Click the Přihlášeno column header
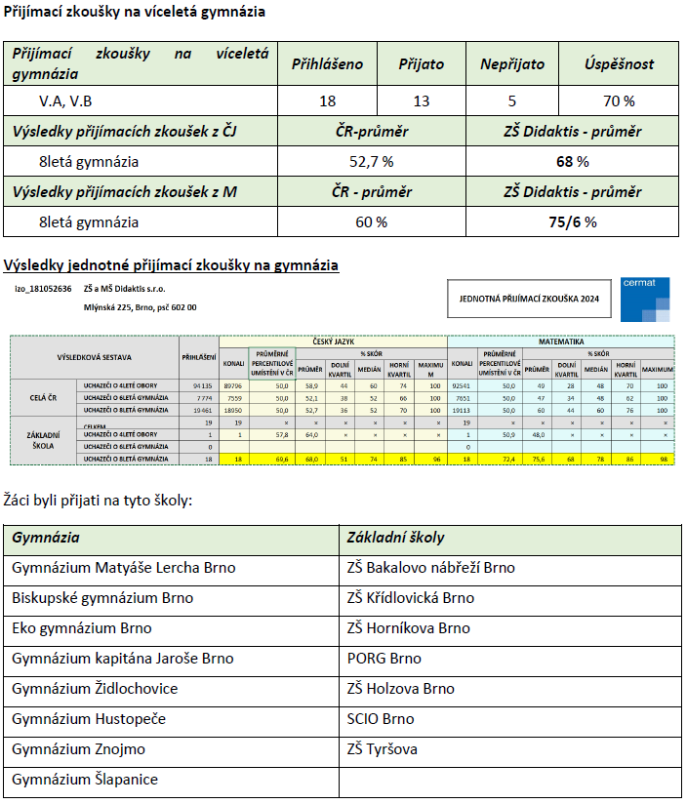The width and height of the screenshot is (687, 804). tap(327, 64)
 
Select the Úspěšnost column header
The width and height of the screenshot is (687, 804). tap(619, 64)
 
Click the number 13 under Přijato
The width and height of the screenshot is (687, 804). tap(421, 100)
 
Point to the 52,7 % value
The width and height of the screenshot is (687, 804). tap(371, 161)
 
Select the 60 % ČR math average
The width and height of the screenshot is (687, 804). tap(371, 221)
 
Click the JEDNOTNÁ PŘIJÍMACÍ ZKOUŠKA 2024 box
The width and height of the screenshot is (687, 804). tap(530, 299)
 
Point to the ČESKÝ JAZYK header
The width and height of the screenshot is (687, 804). tap(333, 342)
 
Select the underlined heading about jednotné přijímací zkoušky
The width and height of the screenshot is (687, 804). tap(172, 264)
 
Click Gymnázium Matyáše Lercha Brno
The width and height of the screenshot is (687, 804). tap(124, 568)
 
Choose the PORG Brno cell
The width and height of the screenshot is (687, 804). tap(384, 659)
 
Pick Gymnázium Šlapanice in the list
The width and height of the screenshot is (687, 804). tap(85, 780)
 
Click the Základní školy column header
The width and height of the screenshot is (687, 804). tap(396, 538)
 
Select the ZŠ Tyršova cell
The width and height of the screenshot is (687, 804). tap(382, 749)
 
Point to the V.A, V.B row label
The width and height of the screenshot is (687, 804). tap(66, 100)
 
